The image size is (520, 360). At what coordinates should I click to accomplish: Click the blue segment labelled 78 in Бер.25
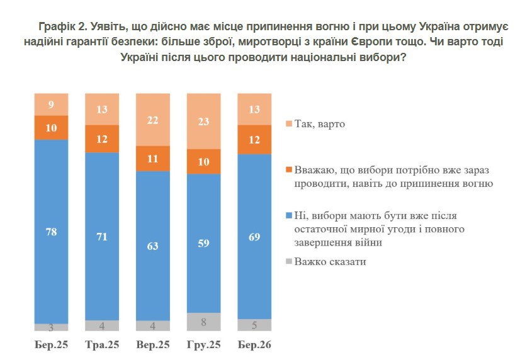(51, 231)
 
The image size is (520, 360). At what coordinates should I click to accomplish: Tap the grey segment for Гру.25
(204, 322)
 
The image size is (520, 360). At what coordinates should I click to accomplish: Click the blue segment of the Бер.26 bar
(254, 236)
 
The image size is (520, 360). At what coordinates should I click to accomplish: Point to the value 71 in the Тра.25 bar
(102, 237)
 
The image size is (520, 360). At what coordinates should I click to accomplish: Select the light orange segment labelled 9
(51, 104)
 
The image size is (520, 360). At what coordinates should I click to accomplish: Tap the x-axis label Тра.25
(102, 344)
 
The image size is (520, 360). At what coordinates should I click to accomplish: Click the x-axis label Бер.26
(254, 344)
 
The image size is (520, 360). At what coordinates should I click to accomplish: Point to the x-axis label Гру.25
(204, 344)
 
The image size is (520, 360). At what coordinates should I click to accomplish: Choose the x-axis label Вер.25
(153, 344)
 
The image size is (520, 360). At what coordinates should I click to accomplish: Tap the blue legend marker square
(290, 216)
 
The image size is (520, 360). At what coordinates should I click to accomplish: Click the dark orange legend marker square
(290, 170)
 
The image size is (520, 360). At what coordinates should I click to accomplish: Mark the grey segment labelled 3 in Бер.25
(51, 327)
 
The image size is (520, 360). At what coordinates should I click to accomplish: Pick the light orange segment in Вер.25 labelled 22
(153, 120)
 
